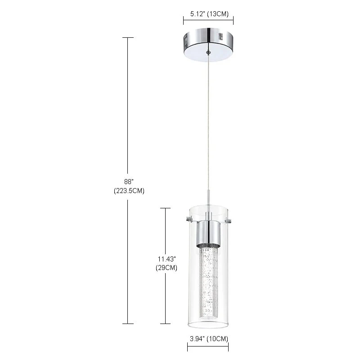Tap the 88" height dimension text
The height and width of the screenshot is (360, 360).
129,181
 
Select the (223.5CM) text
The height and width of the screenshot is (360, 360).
129,190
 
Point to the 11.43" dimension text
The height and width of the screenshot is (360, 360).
167,259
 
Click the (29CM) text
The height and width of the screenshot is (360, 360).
167,268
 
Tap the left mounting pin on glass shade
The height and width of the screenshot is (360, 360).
189,220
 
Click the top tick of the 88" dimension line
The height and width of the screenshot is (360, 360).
128,37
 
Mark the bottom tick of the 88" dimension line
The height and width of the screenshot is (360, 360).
128,323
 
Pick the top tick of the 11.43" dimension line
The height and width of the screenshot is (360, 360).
166,208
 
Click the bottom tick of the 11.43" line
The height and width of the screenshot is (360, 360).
166,323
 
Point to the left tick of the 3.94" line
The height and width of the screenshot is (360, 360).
188,347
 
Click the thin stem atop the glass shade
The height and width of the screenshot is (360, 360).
207,198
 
